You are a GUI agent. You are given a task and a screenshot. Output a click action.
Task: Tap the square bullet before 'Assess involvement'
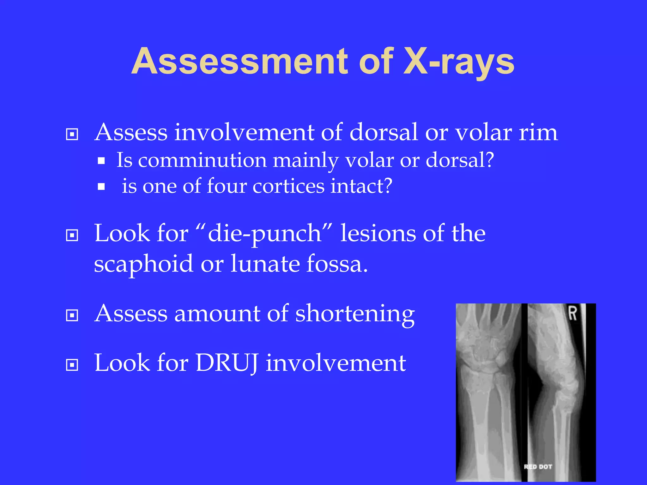pos(72,135)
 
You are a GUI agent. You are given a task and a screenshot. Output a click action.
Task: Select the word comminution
pos(202,160)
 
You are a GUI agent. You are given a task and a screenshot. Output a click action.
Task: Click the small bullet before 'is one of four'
pos(101,187)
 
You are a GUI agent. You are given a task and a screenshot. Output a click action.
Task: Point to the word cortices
pos(288,186)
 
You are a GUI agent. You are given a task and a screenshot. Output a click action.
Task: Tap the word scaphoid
pos(143,264)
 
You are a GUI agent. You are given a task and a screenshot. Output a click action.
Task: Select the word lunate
pos(265,263)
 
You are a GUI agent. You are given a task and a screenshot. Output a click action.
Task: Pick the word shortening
pos(355,314)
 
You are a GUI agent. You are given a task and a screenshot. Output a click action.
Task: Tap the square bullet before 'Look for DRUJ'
pos(72,365)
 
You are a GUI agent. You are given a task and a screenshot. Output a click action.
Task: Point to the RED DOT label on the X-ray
pos(538,467)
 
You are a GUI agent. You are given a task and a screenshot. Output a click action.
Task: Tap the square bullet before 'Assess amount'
pos(72,315)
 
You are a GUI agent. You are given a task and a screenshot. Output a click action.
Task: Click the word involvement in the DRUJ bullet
pos(336,363)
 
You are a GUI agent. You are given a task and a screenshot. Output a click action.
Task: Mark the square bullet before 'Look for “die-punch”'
pos(72,235)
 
